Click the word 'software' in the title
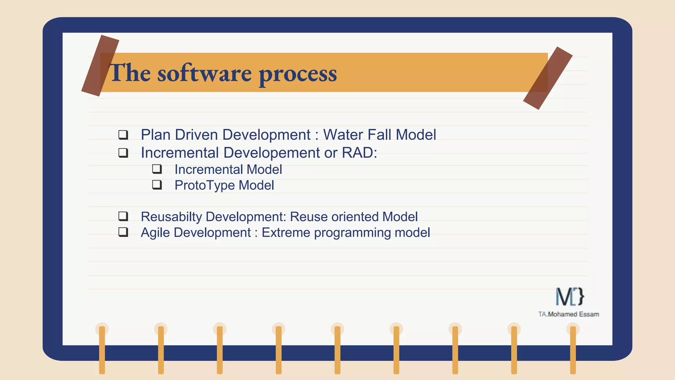pyautogui.click(x=204, y=73)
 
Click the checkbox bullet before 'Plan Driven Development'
pyautogui.click(x=123, y=135)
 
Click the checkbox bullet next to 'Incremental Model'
pyautogui.click(x=157, y=169)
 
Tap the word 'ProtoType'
pyautogui.click(x=205, y=185)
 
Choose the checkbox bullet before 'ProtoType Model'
pyautogui.click(x=157, y=185)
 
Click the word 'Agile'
pyautogui.click(x=155, y=233)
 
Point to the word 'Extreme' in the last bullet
pyautogui.click(x=286, y=233)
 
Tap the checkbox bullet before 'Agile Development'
pyautogui.click(x=123, y=232)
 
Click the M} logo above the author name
pyautogui.click(x=570, y=297)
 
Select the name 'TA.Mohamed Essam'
pyautogui.click(x=569, y=314)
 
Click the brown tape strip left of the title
pyautogui.click(x=100, y=66)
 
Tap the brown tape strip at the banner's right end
pyautogui.click(x=547, y=78)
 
